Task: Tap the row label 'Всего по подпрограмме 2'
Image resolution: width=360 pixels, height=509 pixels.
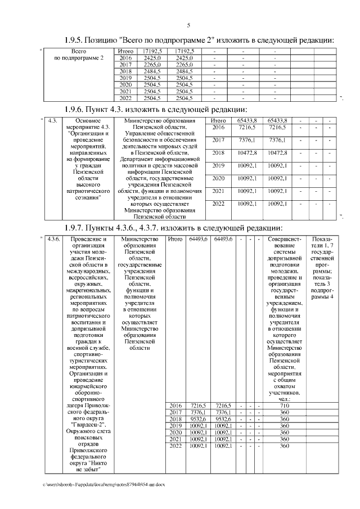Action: point(79,55)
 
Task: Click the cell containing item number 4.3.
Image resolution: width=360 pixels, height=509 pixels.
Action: point(52,120)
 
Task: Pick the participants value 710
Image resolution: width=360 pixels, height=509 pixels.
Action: point(284,405)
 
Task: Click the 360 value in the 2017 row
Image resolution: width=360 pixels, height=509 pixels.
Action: point(284,412)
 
